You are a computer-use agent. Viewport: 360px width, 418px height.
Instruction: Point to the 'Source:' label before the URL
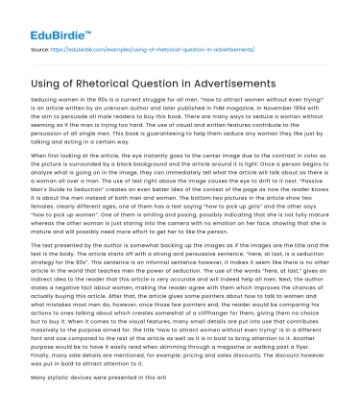[40, 45]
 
